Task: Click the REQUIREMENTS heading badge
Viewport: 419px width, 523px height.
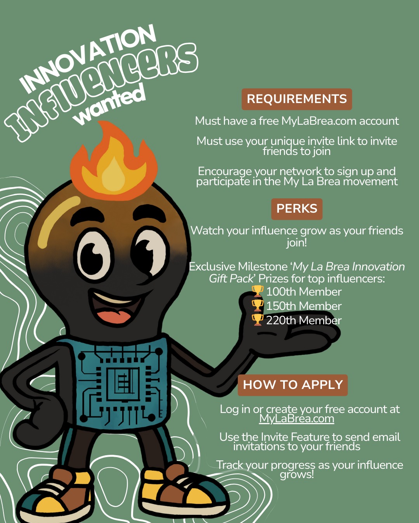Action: coord(296,99)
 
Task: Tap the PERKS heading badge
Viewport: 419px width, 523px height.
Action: coord(297,209)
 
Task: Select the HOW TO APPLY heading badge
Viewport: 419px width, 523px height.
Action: coord(293,385)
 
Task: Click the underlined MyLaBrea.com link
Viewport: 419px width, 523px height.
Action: coord(296,419)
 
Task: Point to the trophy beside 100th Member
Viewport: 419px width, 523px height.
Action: coord(257,291)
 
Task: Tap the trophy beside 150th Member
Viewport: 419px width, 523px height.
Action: coord(257,306)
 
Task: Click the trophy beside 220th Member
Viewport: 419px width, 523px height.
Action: coord(257,320)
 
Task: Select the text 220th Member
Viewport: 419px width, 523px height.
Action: coord(304,320)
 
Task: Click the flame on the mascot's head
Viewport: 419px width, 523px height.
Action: coord(114,161)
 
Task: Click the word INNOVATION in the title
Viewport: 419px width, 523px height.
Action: coord(88,58)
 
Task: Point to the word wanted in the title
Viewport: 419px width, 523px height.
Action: coord(109,106)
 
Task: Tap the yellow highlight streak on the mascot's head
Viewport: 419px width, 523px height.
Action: coord(57,221)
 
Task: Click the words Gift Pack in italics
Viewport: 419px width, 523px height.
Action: coord(232,279)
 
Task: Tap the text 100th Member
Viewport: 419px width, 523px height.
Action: coord(304,292)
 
